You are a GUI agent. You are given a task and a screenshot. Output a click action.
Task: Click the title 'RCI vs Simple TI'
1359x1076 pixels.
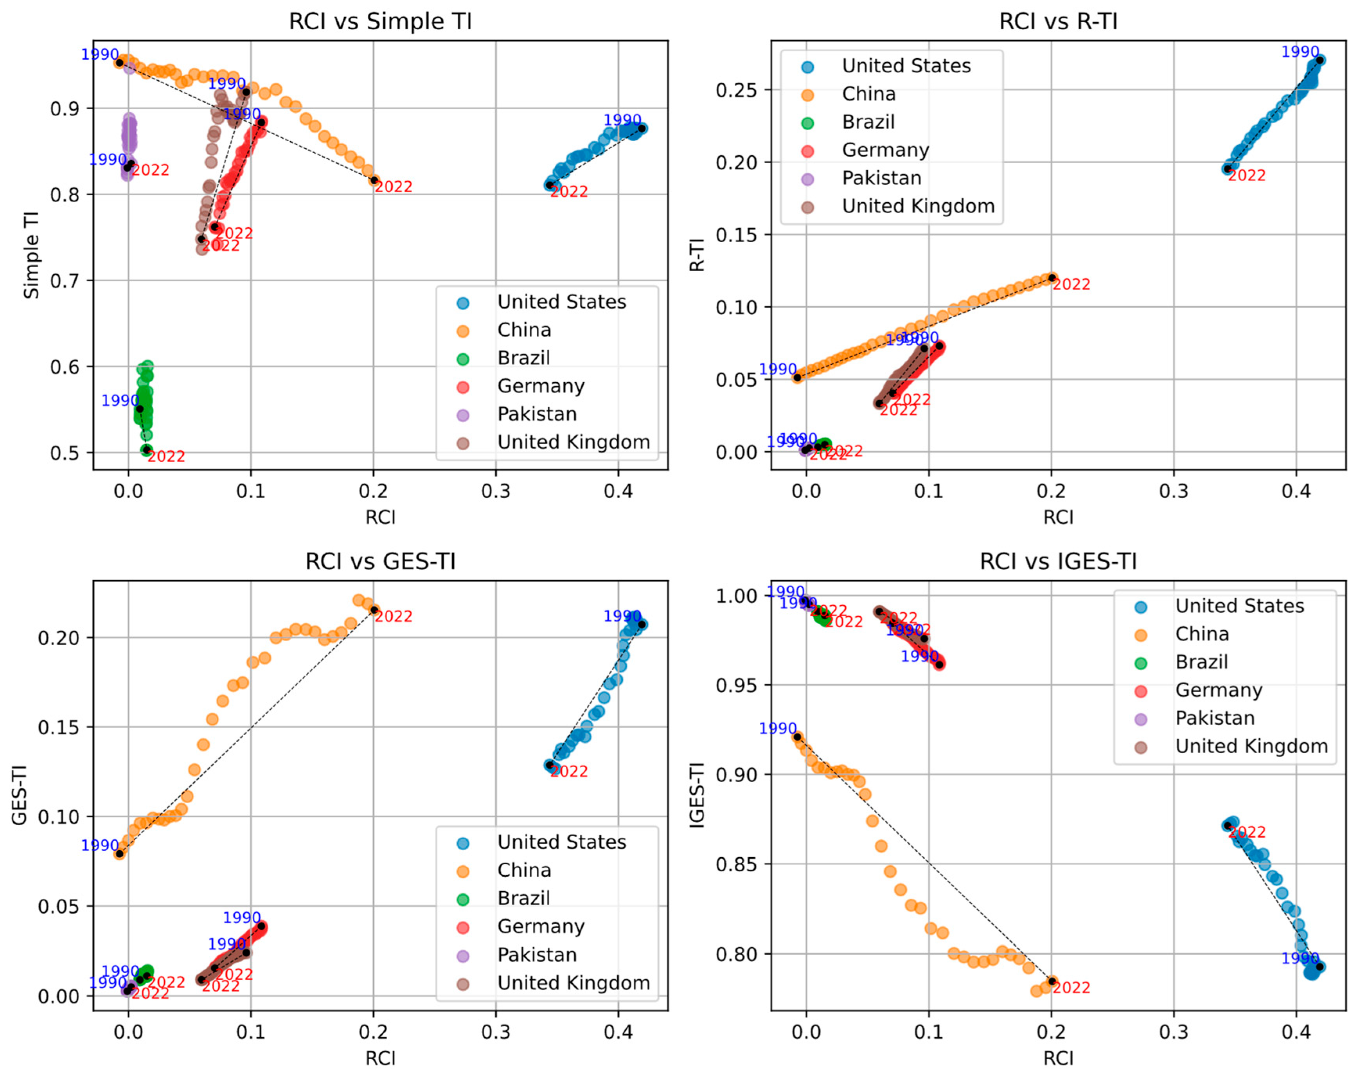pos(380,22)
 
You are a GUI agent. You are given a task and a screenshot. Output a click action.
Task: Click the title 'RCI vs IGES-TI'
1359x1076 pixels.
pos(1058,561)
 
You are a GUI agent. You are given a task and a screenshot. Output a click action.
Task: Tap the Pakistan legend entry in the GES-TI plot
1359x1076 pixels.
pos(537,954)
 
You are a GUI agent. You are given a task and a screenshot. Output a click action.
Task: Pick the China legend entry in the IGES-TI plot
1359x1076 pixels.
pos(1202,634)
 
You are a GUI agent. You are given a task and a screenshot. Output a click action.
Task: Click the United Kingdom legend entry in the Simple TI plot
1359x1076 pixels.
pos(573,442)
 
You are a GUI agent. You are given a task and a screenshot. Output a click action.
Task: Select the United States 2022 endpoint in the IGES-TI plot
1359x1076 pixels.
pos(1227,825)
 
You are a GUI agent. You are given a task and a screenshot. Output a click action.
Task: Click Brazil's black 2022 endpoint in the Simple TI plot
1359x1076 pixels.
pos(147,449)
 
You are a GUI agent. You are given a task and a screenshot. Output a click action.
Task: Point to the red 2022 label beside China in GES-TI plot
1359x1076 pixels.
pos(394,616)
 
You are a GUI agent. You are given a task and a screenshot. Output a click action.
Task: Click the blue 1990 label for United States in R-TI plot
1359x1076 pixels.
pos(1300,52)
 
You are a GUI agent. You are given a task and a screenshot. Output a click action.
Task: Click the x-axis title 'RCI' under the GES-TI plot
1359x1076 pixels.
pos(380,1058)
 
